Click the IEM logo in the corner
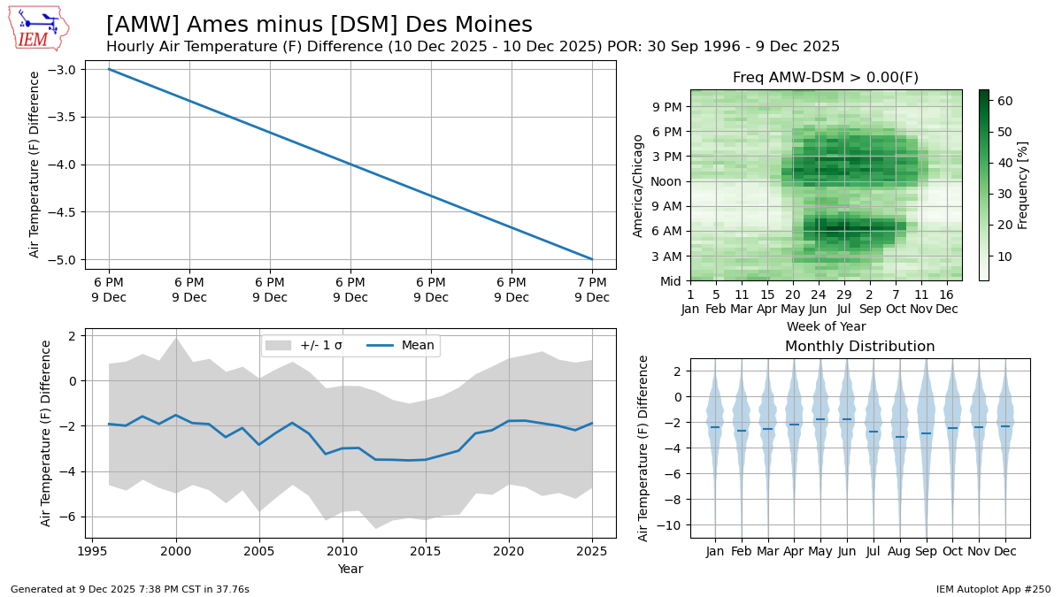[x=37, y=28]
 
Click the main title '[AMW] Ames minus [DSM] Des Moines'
[x=319, y=25]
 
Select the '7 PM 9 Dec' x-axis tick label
[x=592, y=290]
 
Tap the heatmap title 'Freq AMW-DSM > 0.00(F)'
[x=825, y=78]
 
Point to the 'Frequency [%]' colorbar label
[x=1023, y=185]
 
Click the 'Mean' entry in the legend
[x=418, y=346]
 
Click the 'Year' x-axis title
[x=350, y=570]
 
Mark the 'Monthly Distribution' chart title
[x=859, y=347]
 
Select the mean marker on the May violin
[x=820, y=419]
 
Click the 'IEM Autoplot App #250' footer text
[x=993, y=589]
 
